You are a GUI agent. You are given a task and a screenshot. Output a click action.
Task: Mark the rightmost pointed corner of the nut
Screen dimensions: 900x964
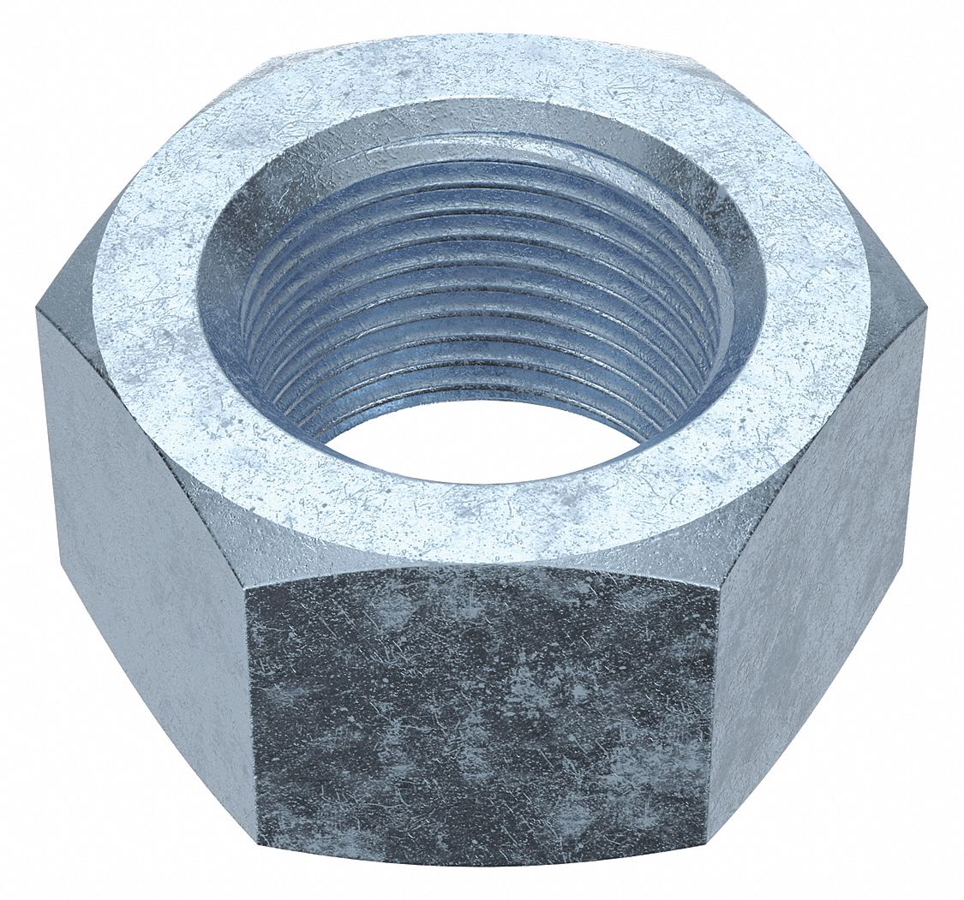[925, 313]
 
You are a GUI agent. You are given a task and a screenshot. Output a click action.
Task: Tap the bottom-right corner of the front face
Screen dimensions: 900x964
[708, 843]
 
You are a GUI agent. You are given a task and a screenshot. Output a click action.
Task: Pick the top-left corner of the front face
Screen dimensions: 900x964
[246, 589]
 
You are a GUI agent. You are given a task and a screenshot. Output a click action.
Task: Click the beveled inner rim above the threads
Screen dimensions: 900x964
[480, 124]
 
